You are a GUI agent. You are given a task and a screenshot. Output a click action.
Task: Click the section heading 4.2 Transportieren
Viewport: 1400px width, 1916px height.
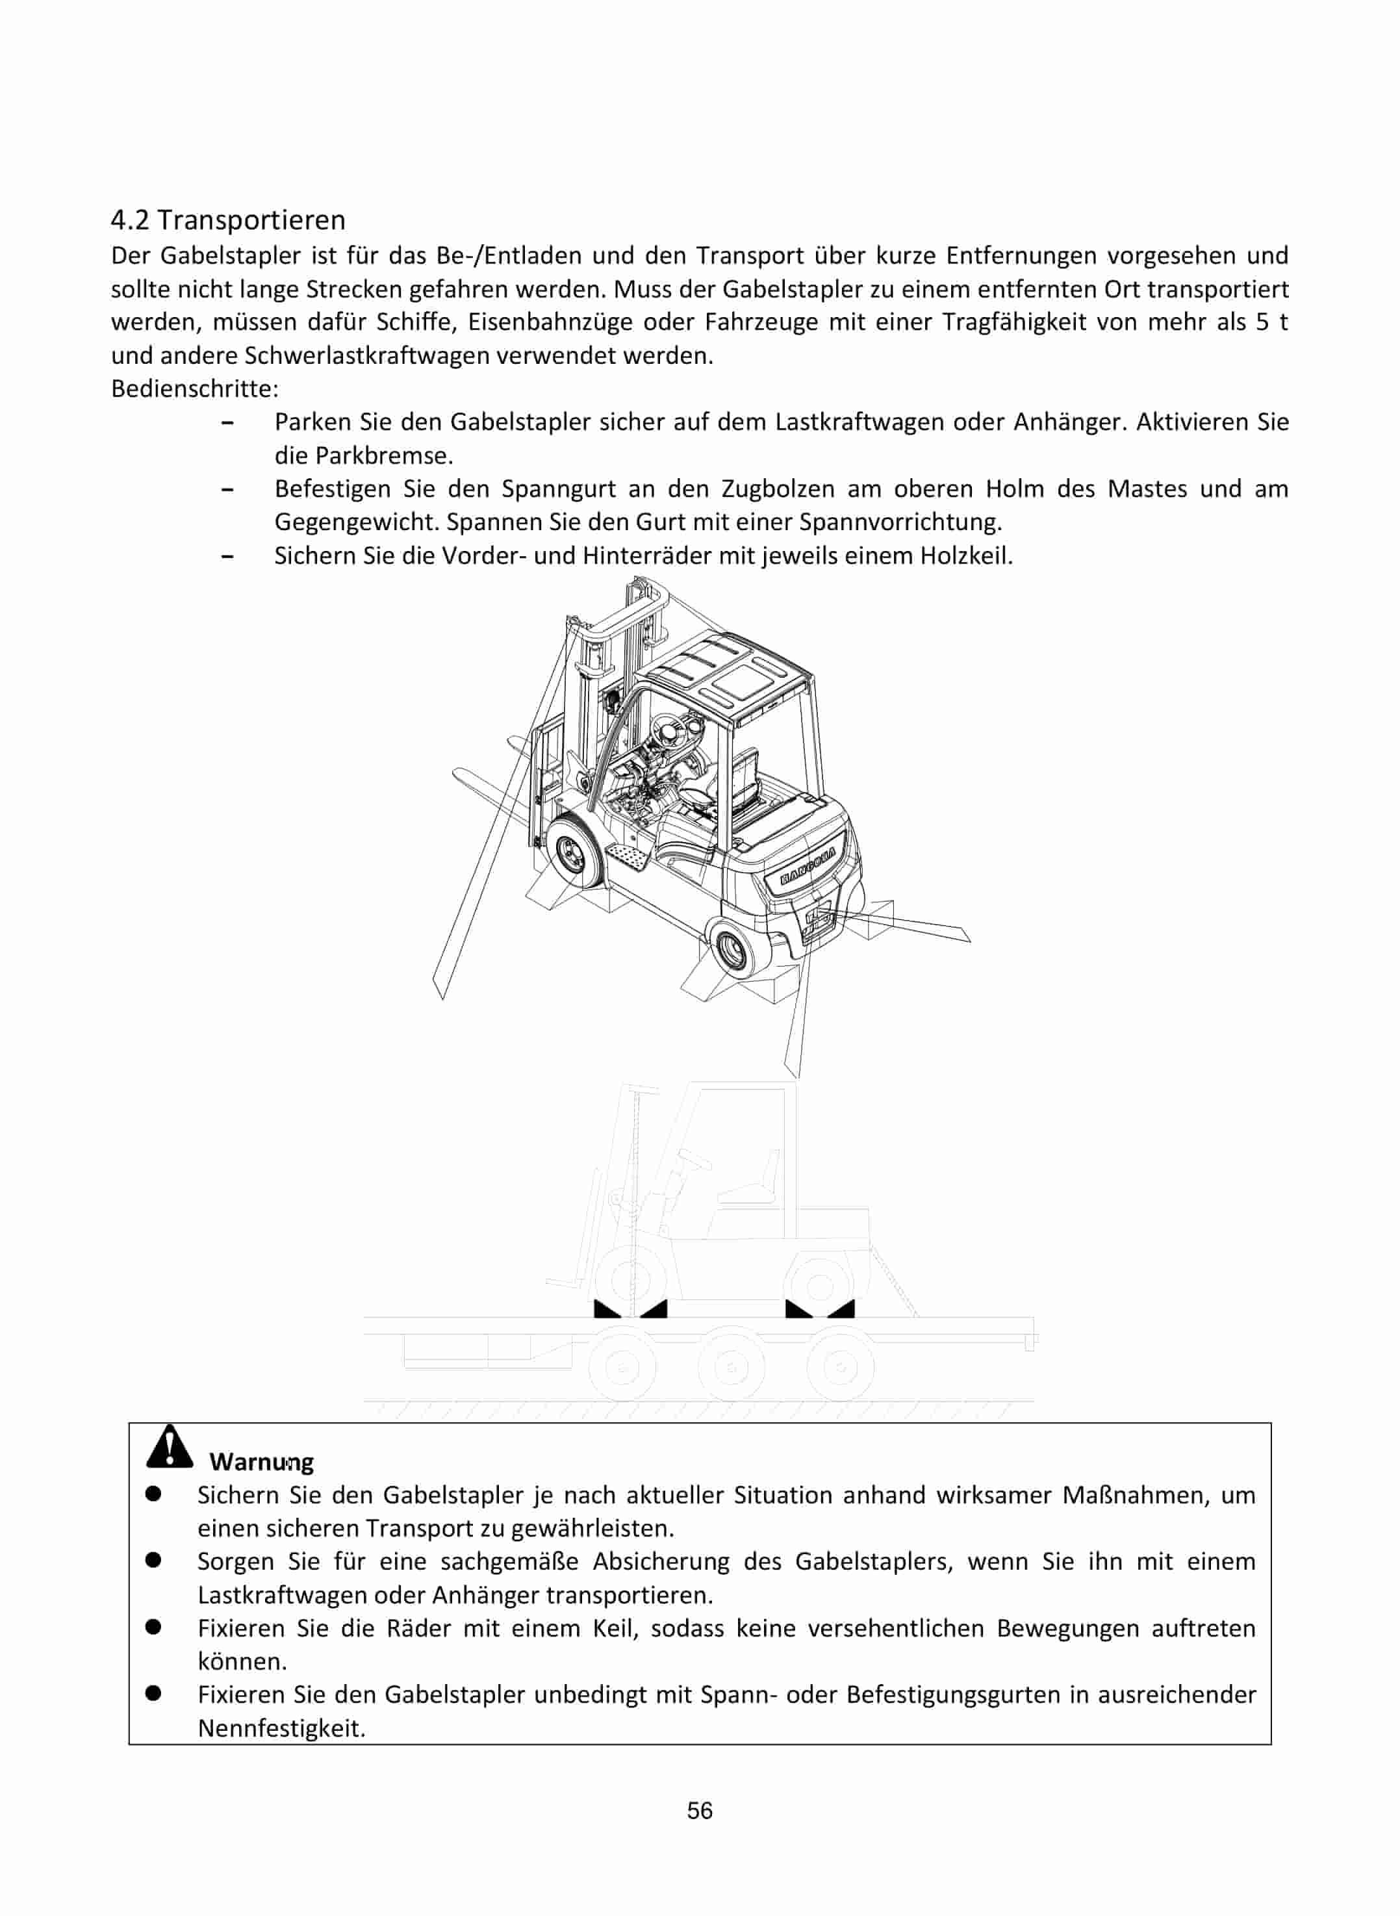coord(228,220)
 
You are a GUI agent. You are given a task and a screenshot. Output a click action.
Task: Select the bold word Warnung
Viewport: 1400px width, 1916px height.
coord(261,1462)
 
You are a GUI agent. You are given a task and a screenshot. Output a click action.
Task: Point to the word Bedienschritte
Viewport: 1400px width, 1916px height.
coord(194,389)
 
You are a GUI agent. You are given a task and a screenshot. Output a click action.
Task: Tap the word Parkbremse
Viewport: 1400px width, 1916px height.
coord(384,456)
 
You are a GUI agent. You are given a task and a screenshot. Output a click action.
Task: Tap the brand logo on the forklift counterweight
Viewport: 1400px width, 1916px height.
coord(808,866)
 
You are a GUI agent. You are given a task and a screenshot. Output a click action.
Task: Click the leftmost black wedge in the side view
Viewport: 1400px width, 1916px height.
coord(607,1310)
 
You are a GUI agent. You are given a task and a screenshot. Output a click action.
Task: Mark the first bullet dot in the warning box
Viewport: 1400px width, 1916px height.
coord(153,1495)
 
